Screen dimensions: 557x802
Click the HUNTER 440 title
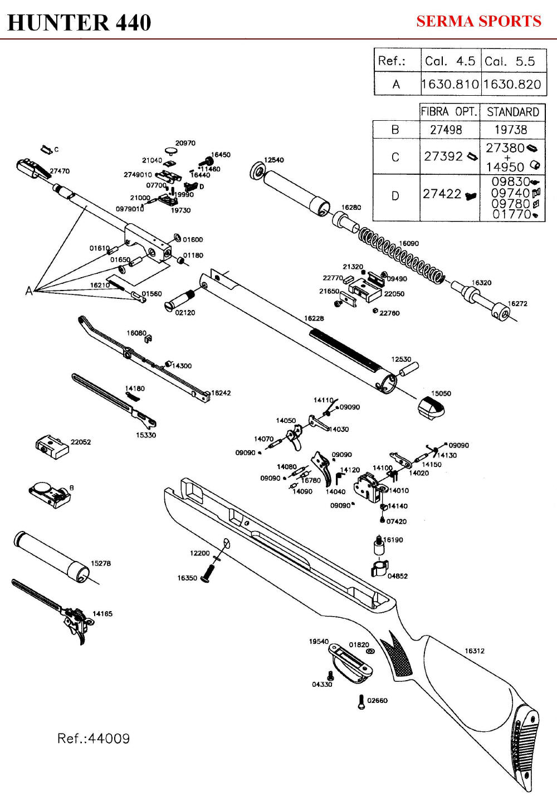(79, 23)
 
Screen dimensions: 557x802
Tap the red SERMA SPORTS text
(479, 21)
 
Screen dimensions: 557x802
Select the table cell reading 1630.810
(450, 84)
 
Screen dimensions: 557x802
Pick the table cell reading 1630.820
(512, 84)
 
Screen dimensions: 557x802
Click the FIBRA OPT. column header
(449, 112)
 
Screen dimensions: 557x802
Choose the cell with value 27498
(446, 130)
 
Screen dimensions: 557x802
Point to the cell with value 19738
(511, 130)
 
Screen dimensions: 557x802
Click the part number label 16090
(409, 243)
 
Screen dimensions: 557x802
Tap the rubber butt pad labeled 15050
(431, 407)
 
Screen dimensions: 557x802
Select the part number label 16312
(475, 651)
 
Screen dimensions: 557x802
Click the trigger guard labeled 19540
(350, 663)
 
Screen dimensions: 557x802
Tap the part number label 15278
(101, 563)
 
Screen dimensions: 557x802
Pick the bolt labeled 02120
(179, 299)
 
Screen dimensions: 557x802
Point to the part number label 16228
(314, 318)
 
